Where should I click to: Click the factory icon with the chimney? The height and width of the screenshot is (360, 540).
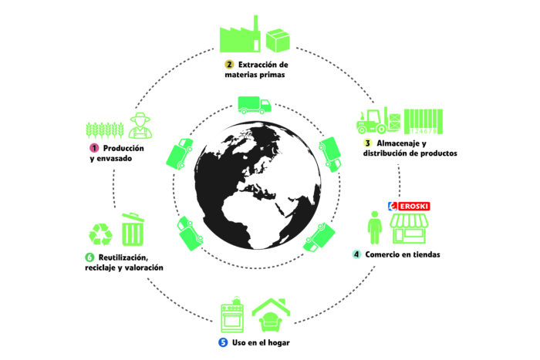(240, 35)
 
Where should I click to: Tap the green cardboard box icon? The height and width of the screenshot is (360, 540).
(278, 40)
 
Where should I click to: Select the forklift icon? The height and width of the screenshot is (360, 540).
(379, 120)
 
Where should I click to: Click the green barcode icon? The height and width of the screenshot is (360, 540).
(424, 122)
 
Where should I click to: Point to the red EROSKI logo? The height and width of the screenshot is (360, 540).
(409, 206)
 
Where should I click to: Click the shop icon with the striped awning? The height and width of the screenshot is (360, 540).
(409, 229)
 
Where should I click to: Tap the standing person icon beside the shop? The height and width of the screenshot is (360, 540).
(375, 227)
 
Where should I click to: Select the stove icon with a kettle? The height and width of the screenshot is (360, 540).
(232, 315)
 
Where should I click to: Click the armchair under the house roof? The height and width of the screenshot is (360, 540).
(271, 322)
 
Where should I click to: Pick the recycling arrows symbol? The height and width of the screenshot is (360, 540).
(100, 234)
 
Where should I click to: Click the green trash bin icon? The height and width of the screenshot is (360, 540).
(133, 229)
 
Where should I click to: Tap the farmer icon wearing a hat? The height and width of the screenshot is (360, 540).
(140, 126)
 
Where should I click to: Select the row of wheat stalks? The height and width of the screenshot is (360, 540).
(105, 130)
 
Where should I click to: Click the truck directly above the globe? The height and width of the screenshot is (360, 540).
(255, 105)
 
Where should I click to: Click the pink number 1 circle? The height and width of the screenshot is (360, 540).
(94, 148)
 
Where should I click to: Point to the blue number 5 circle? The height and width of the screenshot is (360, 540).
(223, 342)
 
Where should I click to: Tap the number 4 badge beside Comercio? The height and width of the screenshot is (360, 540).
(356, 254)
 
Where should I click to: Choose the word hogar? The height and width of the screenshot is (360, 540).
(278, 343)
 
